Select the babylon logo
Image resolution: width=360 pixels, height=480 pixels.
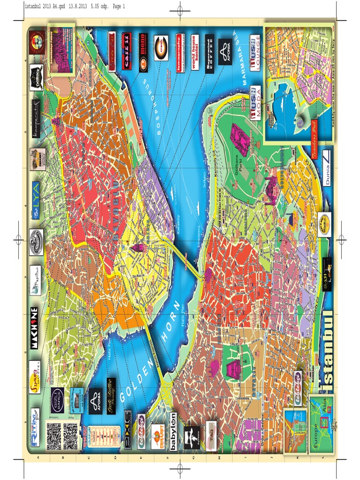(x=173, y=432)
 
